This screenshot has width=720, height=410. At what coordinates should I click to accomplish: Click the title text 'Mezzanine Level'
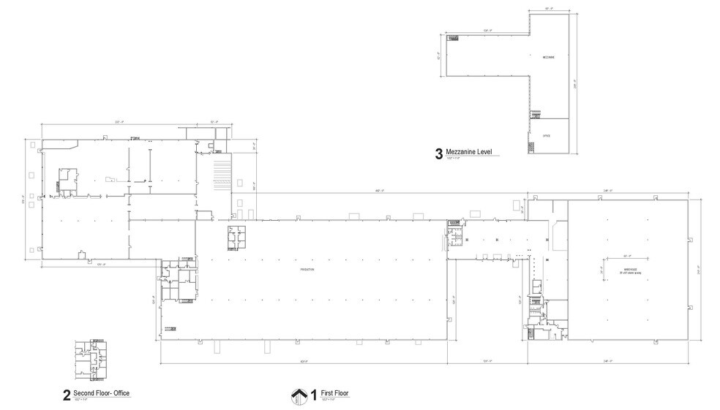click(x=468, y=152)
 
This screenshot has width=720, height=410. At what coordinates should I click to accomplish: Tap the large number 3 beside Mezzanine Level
click(x=438, y=154)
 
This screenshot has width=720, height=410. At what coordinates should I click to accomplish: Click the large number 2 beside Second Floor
click(x=67, y=396)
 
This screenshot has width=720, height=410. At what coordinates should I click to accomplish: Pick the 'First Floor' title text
click(x=335, y=393)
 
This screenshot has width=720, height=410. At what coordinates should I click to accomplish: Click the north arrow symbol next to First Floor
click(x=299, y=395)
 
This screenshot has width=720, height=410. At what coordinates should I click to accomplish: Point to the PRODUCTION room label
click(x=307, y=270)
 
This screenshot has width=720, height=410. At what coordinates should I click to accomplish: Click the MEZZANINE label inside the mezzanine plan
click(x=548, y=56)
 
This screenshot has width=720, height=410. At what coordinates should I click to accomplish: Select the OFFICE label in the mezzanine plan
click(x=547, y=136)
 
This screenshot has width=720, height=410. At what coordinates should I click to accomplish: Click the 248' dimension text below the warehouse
click(x=609, y=361)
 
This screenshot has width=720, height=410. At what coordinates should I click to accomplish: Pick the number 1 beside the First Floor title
click(x=314, y=395)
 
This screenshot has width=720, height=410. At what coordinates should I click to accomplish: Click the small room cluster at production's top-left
click(x=237, y=238)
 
